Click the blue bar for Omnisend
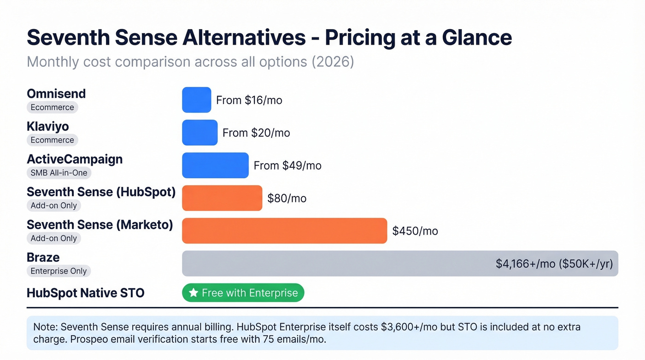click(x=196, y=100)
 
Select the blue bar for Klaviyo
click(x=199, y=132)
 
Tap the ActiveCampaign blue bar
click(x=215, y=165)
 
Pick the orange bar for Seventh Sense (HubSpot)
click(x=222, y=198)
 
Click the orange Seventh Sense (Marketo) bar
click(x=284, y=230)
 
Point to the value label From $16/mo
click(x=249, y=100)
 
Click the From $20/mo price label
click(x=256, y=133)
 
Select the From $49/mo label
click(x=287, y=165)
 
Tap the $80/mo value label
click(x=287, y=198)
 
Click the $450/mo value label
click(x=415, y=231)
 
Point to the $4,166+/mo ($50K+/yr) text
click(x=554, y=264)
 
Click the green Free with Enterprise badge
click(x=243, y=293)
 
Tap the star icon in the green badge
click(x=193, y=293)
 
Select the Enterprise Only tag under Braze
click(x=59, y=271)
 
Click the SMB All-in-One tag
click(x=59, y=173)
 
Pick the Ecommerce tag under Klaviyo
click(x=52, y=140)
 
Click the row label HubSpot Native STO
click(x=85, y=293)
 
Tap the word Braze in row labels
click(x=43, y=257)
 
